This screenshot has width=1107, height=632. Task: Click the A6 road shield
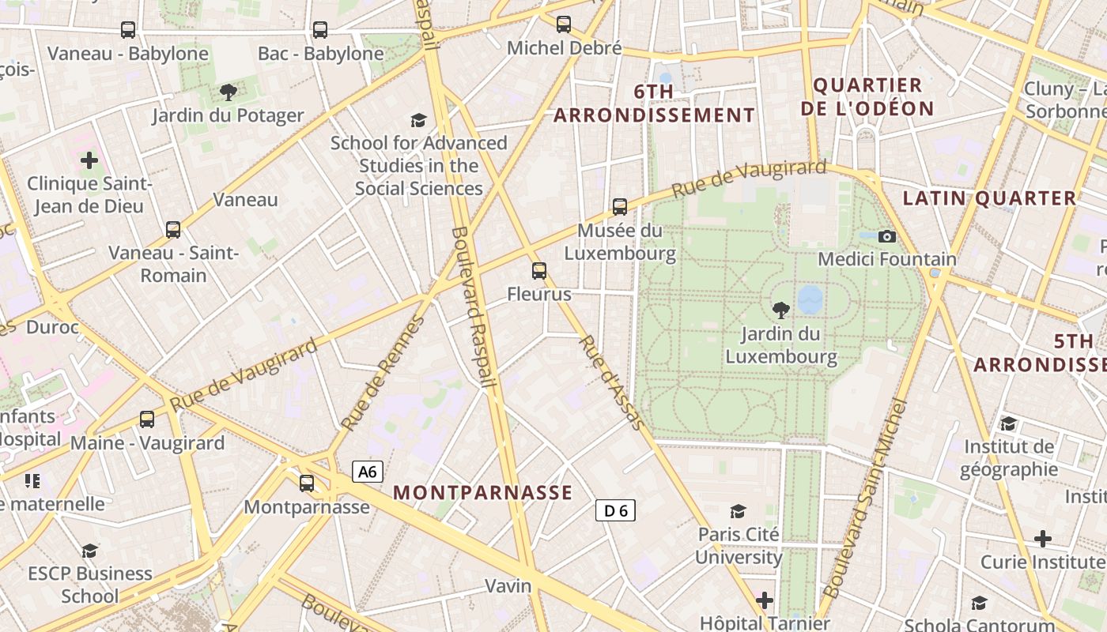[368, 472]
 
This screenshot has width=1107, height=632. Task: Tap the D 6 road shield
[615, 510]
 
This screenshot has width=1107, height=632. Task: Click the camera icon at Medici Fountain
[887, 236]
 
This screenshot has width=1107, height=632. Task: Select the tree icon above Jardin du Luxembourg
[780, 310]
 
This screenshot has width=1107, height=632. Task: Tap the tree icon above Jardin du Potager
[228, 92]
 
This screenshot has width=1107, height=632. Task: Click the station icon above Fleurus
[539, 271]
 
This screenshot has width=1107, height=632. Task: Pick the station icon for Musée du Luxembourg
[620, 207]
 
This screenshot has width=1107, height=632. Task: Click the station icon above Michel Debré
[564, 24]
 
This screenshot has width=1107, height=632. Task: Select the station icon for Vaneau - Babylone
[128, 30]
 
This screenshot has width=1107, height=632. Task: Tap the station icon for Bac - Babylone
[320, 30]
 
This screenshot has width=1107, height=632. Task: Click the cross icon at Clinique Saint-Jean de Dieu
[89, 160]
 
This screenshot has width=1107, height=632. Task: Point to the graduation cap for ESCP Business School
[90, 551]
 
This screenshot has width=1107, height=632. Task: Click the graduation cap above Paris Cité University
[739, 511]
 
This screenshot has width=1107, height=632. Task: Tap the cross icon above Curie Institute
[1043, 539]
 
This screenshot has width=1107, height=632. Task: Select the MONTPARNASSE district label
[482, 492]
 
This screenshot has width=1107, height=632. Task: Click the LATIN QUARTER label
[989, 198]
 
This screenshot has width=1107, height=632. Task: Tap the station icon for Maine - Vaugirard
[147, 419]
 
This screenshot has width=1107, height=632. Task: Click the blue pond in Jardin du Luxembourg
[810, 299]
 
